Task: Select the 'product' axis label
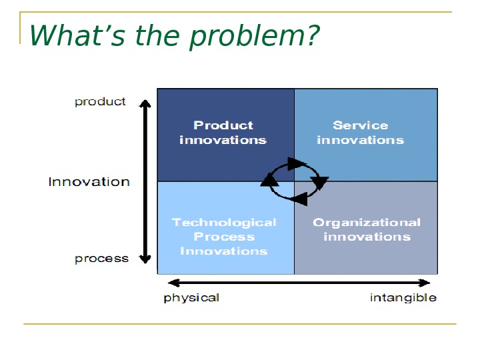100,102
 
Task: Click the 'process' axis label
101,259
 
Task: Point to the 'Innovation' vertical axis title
89,182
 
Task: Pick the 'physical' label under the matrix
191,297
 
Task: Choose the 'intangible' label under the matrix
403,297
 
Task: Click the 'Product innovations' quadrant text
223,133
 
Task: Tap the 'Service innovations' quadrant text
361,133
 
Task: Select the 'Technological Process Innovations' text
224,237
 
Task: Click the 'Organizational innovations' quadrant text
367,229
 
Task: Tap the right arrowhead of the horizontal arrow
425,282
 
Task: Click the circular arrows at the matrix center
293,180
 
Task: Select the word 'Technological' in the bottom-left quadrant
224,223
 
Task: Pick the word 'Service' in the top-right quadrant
361,125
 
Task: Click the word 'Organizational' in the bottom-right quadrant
367,223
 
